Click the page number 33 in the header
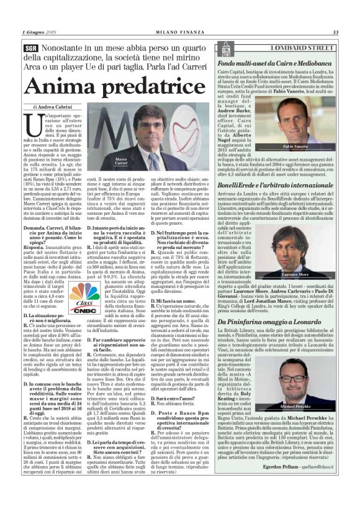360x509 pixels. pos(335,32)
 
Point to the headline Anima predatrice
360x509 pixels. pos(103,86)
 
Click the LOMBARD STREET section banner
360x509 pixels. pos(294,47)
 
